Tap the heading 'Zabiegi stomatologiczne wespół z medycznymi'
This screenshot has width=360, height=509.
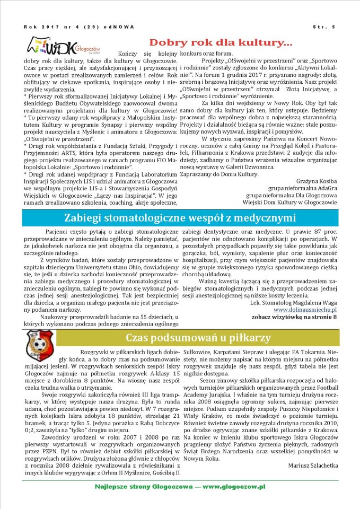coord(180,218)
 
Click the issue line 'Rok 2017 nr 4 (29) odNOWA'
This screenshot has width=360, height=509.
coord(79,27)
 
